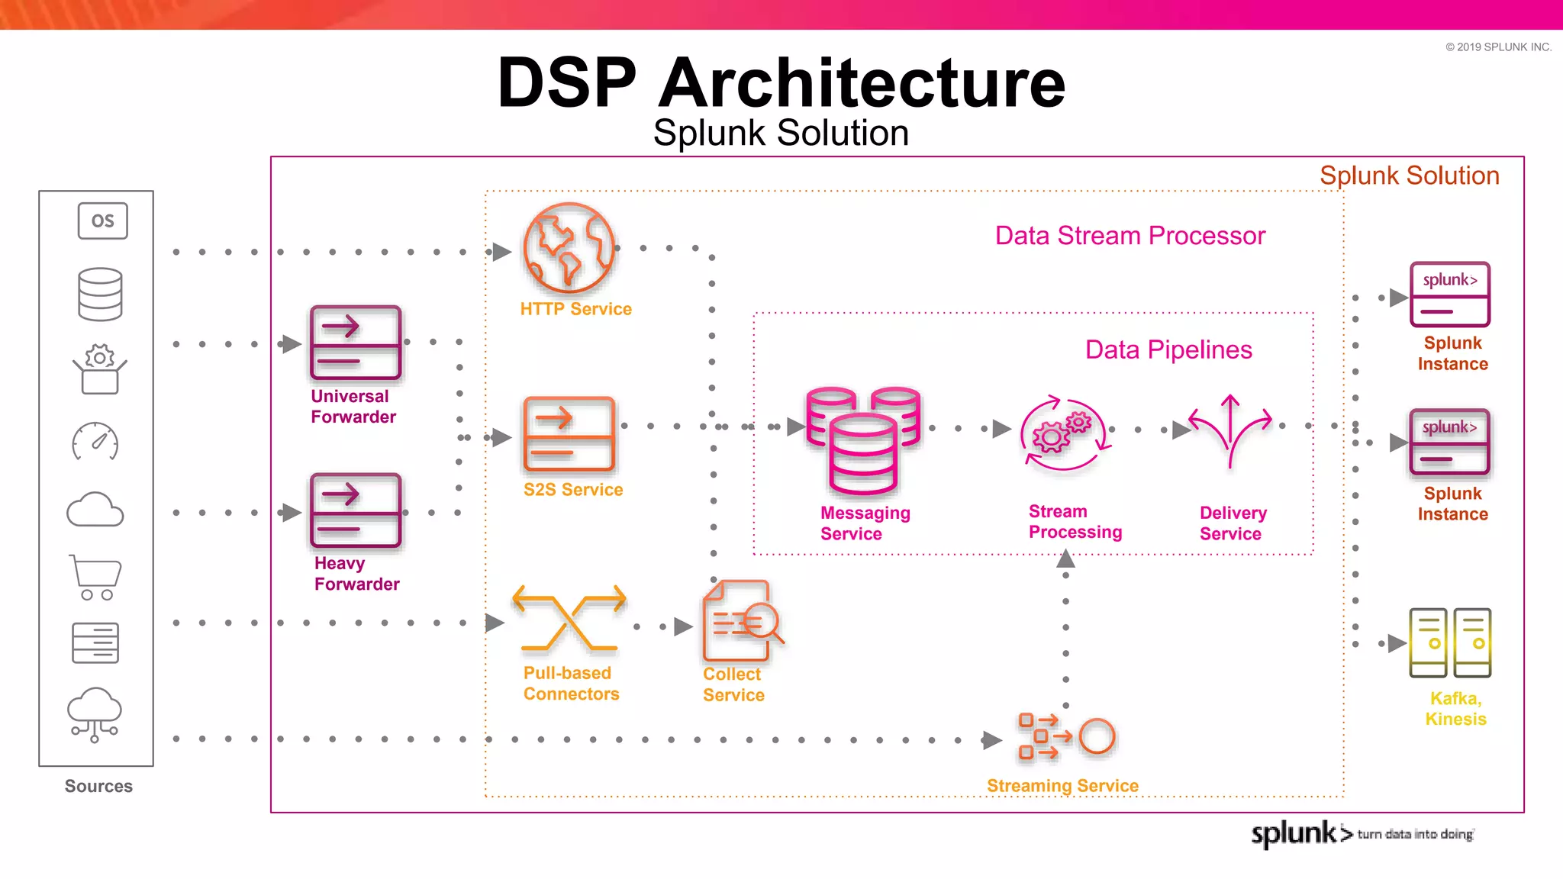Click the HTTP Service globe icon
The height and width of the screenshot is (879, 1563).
[569, 248]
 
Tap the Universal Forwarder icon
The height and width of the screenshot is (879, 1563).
[356, 343]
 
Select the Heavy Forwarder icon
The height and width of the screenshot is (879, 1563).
[356, 510]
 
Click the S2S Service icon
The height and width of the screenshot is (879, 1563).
[569, 434]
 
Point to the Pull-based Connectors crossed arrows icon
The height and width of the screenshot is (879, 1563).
[569, 618]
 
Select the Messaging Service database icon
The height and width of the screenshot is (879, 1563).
[863, 441]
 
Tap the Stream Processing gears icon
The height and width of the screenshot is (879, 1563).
[1063, 433]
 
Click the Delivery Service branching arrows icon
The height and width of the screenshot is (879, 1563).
[1229, 430]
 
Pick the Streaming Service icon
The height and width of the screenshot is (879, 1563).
[1066, 737]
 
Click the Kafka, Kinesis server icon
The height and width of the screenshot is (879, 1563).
[1449, 642]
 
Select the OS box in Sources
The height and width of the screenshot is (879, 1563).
[102, 221]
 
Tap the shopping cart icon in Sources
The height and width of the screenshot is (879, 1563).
[95, 577]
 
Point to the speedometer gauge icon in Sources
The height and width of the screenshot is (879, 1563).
[95, 442]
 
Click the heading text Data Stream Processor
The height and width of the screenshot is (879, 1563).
[1130, 235]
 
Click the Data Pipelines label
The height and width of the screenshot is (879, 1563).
[1168, 349]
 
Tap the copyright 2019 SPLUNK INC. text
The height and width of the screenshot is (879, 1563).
[1498, 47]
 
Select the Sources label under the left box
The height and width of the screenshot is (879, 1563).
[98, 786]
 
